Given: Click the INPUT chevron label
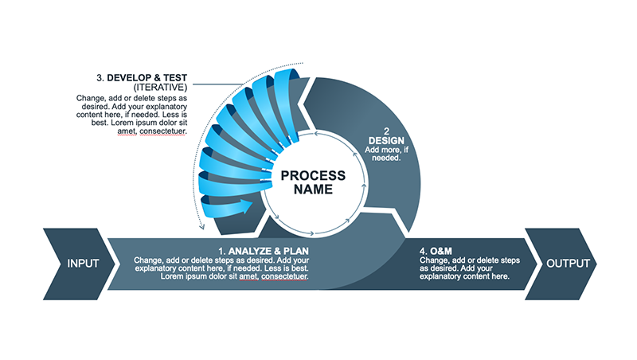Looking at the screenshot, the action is pyautogui.click(x=83, y=264).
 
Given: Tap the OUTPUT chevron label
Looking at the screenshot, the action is pyautogui.click(x=568, y=264).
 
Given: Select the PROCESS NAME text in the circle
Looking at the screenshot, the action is pyautogui.click(x=313, y=182).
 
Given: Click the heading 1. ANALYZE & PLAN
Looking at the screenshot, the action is pyautogui.click(x=264, y=251).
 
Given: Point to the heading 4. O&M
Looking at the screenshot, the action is pyautogui.click(x=436, y=251).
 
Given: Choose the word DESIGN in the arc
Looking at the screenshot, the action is pyautogui.click(x=386, y=141).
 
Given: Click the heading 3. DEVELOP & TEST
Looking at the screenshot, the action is pyautogui.click(x=142, y=77).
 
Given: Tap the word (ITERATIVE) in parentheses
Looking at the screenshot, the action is pyautogui.click(x=161, y=88).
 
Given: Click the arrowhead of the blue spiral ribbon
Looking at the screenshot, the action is pyautogui.click(x=246, y=205).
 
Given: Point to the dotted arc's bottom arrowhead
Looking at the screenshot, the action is pyautogui.click(x=201, y=227).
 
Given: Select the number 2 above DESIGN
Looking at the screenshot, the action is pyautogui.click(x=386, y=131).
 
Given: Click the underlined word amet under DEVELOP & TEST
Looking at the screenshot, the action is pyautogui.click(x=127, y=131).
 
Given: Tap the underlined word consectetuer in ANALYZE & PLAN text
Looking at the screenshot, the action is pyautogui.click(x=284, y=276).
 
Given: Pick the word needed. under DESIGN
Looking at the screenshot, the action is pyautogui.click(x=386, y=158).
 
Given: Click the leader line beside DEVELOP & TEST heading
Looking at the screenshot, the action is pyautogui.click(x=218, y=84).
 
